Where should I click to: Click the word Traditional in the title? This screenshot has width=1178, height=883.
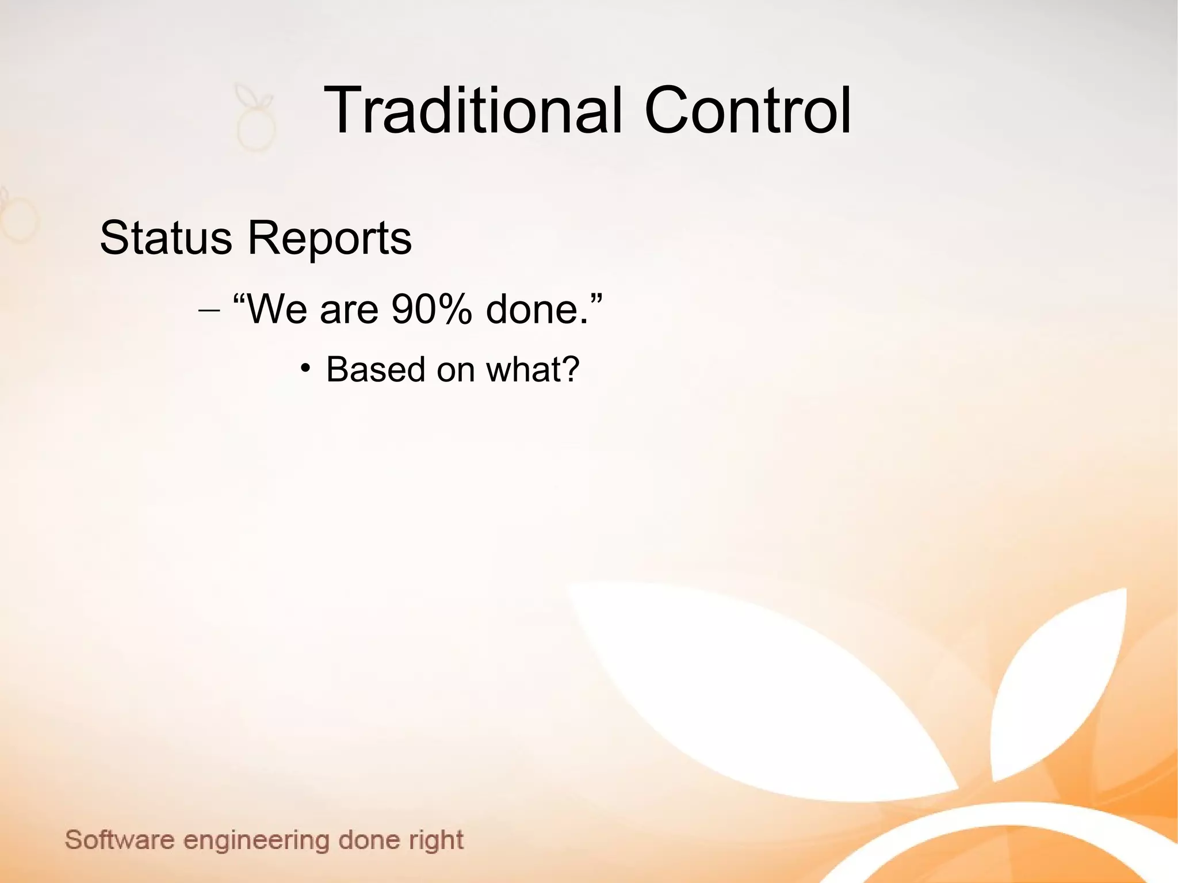point(473,110)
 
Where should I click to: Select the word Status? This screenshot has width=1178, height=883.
point(166,238)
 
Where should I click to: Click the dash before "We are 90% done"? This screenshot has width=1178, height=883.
point(208,311)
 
